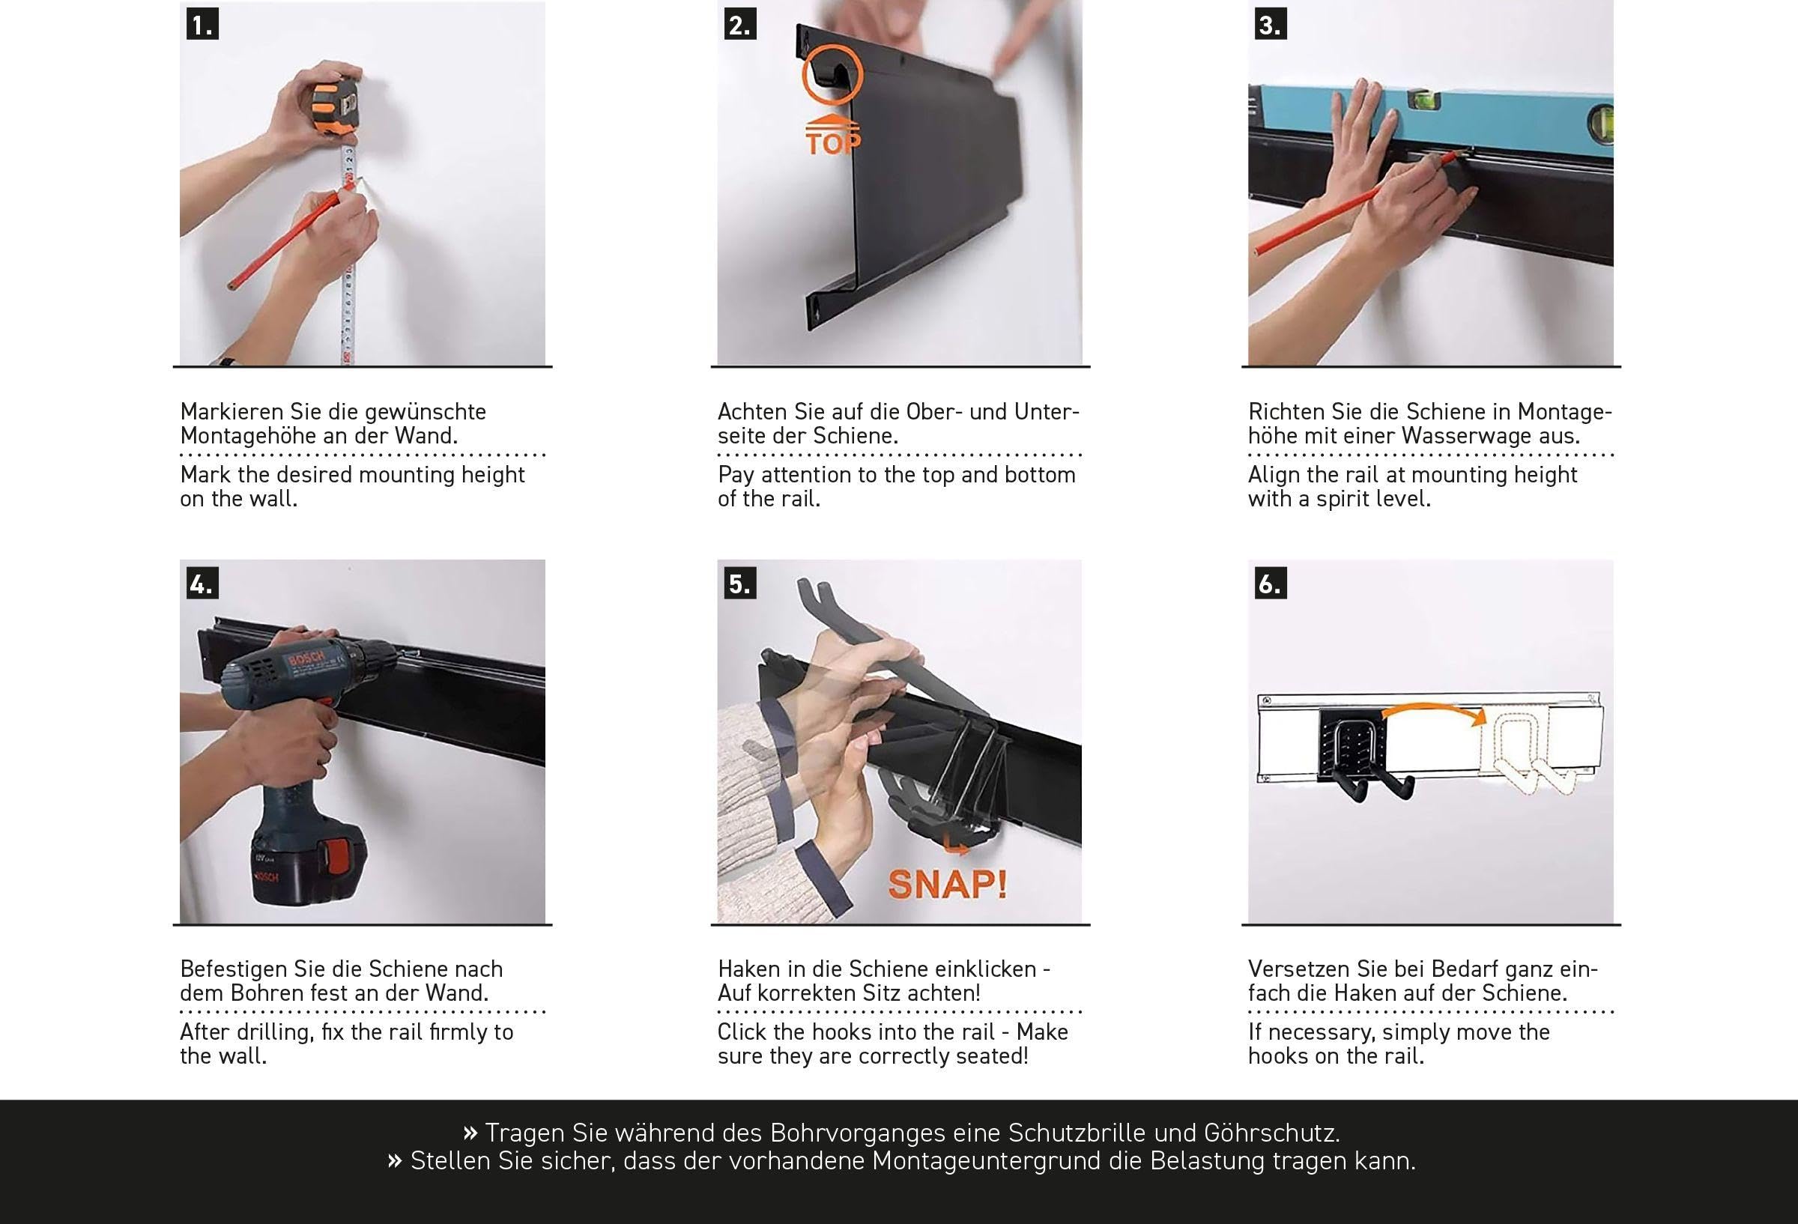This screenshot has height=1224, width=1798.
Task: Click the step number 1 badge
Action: coord(203,24)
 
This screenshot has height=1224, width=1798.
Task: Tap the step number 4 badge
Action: coord(203,583)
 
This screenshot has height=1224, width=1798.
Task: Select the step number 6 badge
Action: coord(1271,583)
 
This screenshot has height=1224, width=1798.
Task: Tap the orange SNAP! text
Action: coord(947,885)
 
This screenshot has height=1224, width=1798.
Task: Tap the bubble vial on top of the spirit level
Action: coord(1424,98)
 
